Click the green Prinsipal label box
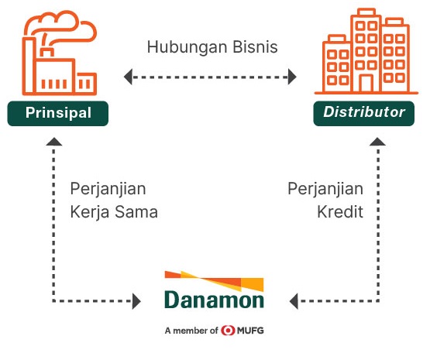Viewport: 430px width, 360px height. [58, 114]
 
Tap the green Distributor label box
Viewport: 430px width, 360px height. [364, 114]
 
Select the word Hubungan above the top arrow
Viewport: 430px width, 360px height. [187, 47]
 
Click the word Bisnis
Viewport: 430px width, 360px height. [256, 46]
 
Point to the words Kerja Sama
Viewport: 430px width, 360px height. [114, 213]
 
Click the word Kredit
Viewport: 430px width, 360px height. [340, 212]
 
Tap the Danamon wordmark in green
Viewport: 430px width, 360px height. [214, 300]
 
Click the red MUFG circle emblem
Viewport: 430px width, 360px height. [228, 331]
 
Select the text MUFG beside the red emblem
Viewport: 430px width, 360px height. [250, 331]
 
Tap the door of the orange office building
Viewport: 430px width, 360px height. [366, 84]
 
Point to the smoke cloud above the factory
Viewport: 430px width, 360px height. [60, 26]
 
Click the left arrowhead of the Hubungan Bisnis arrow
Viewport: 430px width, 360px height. [128, 77]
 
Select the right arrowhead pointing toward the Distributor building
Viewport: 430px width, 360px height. [292, 77]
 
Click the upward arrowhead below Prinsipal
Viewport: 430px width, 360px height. [54, 142]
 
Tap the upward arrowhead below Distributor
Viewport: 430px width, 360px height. [378, 142]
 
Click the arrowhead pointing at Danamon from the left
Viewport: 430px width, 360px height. [136, 301]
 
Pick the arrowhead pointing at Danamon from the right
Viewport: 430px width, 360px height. [294, 301]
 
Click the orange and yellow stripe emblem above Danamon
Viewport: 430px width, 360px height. [214, 281]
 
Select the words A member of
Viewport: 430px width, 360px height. [191, 331]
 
